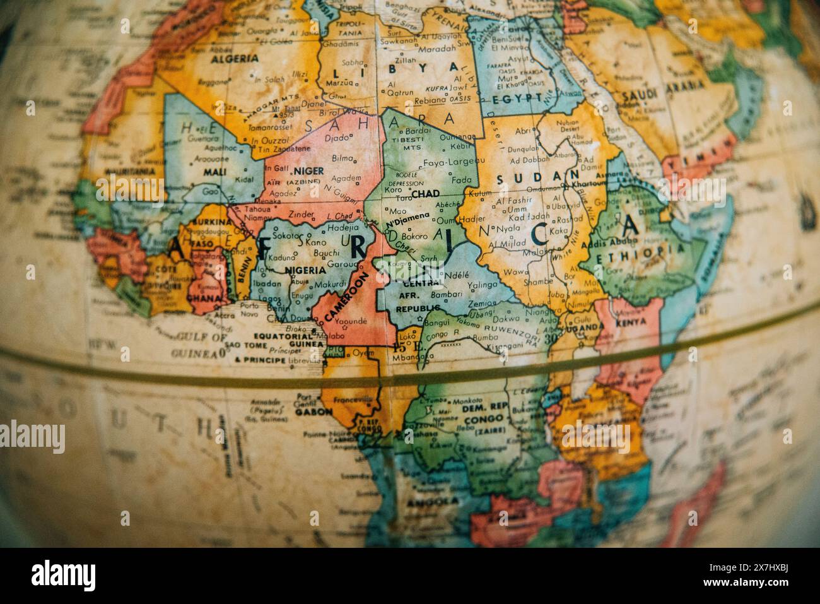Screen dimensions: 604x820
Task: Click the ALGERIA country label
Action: coord(234,58)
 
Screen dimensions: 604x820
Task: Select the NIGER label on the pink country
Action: coord(308,171)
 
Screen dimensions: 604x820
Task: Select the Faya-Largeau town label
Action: coord(448,162)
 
